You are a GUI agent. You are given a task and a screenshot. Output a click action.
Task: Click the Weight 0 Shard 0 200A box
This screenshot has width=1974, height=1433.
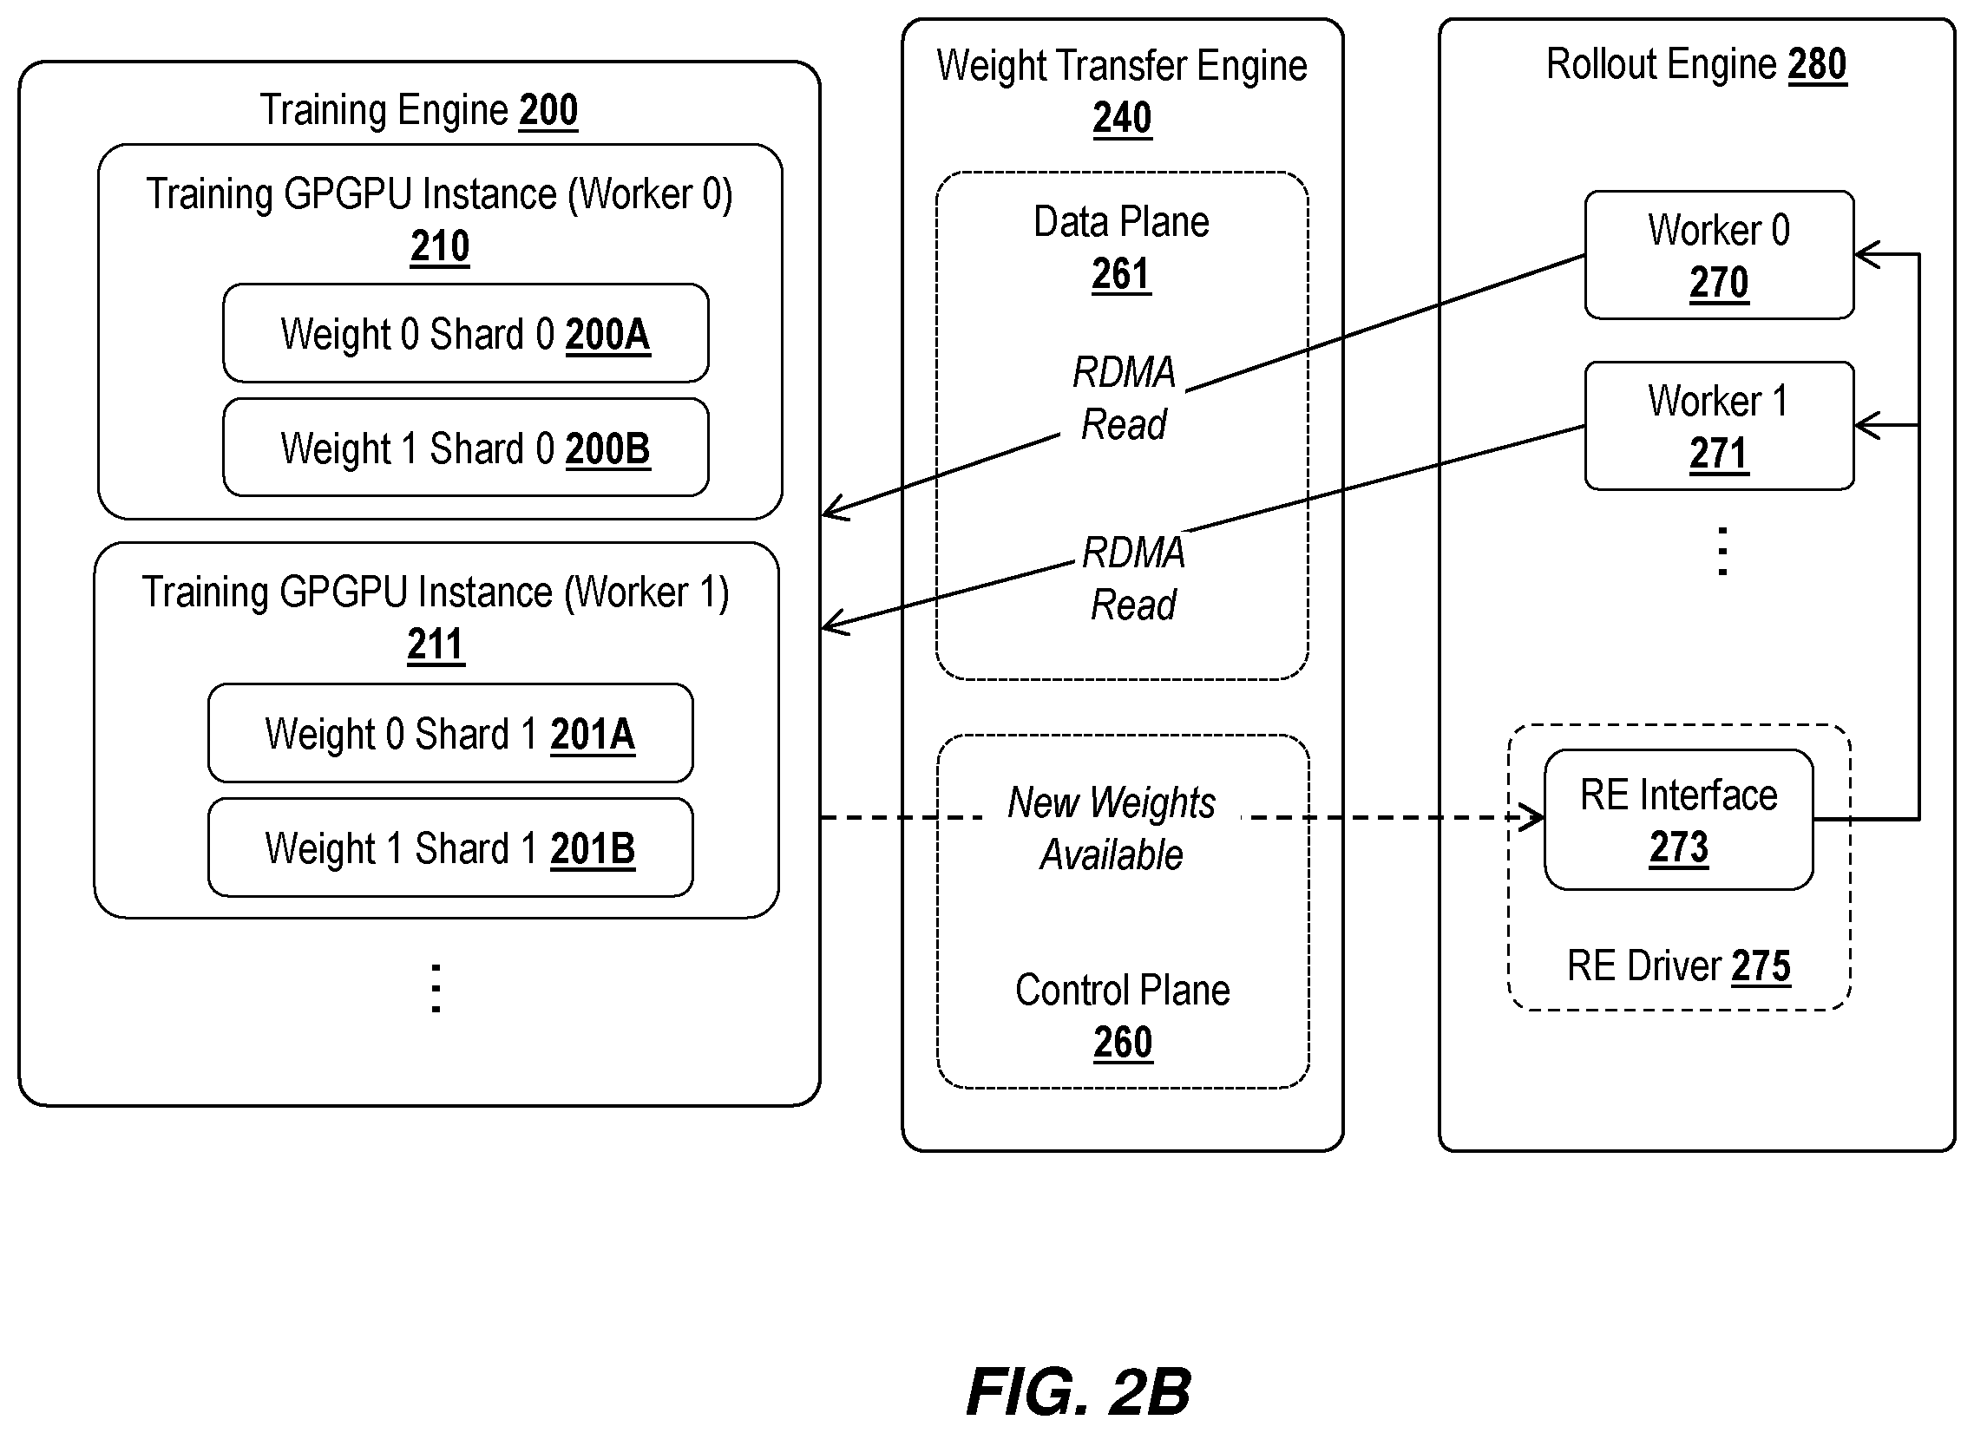point(466,333)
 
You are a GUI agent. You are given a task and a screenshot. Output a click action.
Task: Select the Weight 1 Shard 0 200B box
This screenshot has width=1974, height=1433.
point(466,448)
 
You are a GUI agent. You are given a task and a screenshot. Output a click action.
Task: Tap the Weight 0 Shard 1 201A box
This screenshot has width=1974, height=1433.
point(451,734)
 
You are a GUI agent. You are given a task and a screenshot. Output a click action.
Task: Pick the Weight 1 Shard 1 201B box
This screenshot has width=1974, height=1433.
point(451,847)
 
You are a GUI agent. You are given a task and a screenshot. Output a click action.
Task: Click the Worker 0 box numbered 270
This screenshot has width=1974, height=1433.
point(1719,255)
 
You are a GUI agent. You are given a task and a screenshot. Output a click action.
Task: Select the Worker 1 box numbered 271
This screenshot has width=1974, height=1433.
point(1719,426)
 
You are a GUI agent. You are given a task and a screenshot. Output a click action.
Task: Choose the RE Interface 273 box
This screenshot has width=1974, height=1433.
point(1679,820)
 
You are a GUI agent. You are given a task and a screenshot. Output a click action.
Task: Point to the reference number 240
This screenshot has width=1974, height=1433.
point(1122,118)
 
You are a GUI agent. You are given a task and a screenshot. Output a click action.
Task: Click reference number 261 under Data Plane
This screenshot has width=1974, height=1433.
point(1121,275)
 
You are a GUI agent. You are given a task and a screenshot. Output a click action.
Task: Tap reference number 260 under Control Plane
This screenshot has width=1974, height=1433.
point(1123,1043)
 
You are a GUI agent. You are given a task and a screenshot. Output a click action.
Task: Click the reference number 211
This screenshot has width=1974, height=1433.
point(436,645)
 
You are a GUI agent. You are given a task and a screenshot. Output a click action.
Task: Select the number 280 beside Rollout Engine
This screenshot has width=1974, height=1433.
point(1817,64)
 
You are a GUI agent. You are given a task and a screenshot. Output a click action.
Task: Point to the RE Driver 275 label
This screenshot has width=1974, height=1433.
point(1679,965)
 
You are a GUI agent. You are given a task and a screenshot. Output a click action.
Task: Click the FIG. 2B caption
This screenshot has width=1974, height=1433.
point(1079,1392)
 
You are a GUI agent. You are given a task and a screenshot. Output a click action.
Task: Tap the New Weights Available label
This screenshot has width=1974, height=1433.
point(1112,828)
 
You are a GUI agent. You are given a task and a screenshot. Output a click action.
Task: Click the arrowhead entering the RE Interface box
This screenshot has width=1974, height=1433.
point(1535,818)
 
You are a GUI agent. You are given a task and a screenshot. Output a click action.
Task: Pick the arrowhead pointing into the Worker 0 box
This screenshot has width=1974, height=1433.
point(1868,255)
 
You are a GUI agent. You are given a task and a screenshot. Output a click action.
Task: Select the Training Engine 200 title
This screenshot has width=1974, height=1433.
point(418,110)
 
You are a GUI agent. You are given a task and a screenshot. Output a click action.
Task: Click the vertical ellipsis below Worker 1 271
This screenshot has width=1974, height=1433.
point(1722,551)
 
